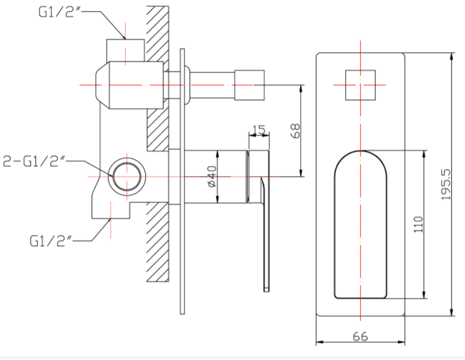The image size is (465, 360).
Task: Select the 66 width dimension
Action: tap(360, 336)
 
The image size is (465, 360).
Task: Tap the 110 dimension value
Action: tap(418, 225)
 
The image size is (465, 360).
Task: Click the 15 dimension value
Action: tap(257, 130)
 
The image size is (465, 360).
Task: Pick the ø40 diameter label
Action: tap(212, 176)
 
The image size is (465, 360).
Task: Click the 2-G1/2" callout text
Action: tap(35, 161)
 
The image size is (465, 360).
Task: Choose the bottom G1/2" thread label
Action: tap(51, 241)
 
